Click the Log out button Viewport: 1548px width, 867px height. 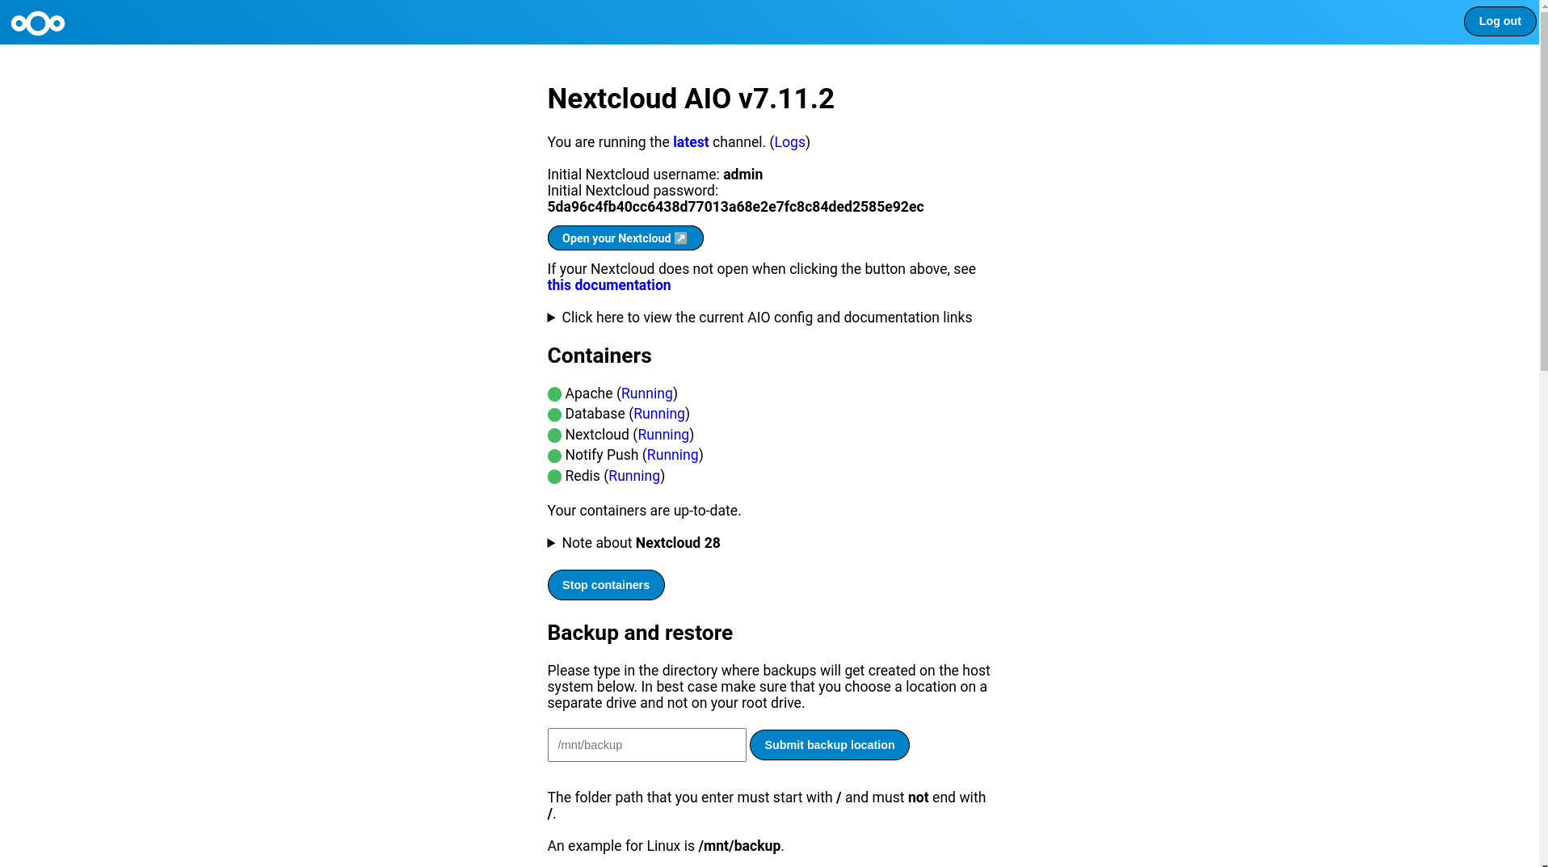(x=1499, y=22)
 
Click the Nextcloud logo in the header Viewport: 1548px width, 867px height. (x=38, y=23)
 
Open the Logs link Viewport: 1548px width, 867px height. (x=789, y=142)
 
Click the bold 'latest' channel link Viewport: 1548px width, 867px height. (x=690, y=142)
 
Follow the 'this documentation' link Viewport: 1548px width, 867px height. (x=608, y=285)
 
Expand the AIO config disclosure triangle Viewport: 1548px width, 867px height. (x=552, y=318)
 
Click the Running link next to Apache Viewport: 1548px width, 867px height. (x=646, y=394)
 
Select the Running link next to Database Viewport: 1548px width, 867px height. (x=658, y=414)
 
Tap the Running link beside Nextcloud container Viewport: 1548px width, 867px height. (x=663, y=435)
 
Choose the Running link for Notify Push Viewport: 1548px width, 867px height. (x=672, y=455)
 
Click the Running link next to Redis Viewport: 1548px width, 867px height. (x=634, y=476)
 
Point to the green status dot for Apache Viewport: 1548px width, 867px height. (x=554, y=394)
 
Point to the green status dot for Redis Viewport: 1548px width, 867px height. (x=554, y=477)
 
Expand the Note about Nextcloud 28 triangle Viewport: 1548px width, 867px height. (x=552, y=543)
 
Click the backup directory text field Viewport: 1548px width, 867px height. (x=646, y=745)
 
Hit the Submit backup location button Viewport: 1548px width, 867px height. (x=829, y=745)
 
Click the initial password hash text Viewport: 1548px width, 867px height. (x=735, y=207)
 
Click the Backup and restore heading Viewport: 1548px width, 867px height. (x=640, y=633)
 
